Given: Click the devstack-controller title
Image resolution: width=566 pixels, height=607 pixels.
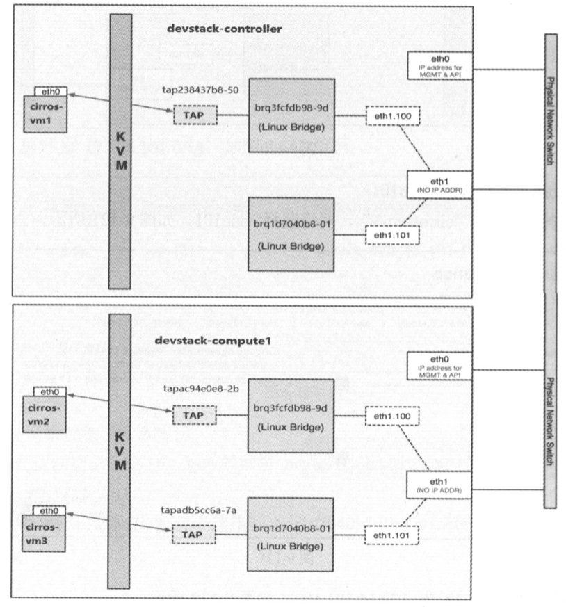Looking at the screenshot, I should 224,29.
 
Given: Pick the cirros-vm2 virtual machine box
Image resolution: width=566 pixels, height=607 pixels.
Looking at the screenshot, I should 47,410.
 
